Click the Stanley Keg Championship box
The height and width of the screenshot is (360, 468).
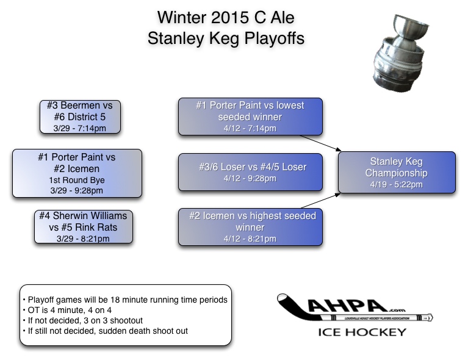[x=397, y=173]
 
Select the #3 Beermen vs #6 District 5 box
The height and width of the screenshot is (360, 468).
[x=80, y=116]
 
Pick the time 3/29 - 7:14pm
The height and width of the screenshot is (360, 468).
[x=80, y=128]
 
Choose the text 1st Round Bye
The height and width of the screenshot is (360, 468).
[x=76, y=180]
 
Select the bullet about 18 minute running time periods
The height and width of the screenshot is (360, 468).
[x=124, y=300]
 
